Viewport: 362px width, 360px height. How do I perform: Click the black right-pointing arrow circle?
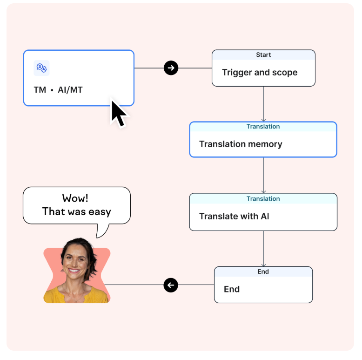point(171,68)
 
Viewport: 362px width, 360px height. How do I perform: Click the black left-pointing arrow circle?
point(171,285)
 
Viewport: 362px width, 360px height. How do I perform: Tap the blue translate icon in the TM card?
point(41,68)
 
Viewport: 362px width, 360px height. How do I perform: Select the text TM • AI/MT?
point(58,90)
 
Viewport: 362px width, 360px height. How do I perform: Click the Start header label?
point(263,55)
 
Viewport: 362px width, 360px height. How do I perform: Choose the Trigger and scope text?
point(260,73)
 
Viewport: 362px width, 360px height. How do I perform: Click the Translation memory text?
point(241,144)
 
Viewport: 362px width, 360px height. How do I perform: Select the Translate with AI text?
point(234,216)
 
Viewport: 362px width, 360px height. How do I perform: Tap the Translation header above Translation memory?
point(263,126)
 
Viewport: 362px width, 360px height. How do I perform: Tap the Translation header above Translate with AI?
point(263,199)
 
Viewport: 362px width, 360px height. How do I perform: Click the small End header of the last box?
point(263,272)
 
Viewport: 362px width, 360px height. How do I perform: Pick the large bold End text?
point(232,289)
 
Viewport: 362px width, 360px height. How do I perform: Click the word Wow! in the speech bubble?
point(75,198)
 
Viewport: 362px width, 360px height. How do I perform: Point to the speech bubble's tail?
point(101,231)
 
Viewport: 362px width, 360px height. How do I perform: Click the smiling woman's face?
point(74,260)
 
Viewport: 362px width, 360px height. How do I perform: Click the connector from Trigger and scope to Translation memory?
point(263,104)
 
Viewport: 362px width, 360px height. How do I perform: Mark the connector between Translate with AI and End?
point(263,249)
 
